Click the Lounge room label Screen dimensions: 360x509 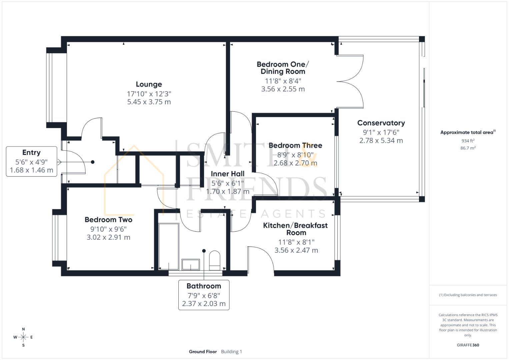coord(149,84)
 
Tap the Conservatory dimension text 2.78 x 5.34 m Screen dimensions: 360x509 coord(381,141)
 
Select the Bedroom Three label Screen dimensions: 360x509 coord(295,145)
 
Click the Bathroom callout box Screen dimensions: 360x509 coord(204,295)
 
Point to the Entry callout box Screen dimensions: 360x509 coord(31,161)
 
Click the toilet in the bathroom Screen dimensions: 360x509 coord(215,260)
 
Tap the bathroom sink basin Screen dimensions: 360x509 coord(191,264)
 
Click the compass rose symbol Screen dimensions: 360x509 coord(23,337)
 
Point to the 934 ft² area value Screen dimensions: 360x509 coord(468,141)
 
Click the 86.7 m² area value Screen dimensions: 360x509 coord(468,148)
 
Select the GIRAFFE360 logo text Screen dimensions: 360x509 coord(468,345)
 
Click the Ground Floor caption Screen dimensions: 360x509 coord(203,352)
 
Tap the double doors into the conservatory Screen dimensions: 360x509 coord(352,81)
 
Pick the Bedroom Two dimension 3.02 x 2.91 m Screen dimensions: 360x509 coord(108,237)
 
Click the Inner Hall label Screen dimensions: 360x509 coord(227,174)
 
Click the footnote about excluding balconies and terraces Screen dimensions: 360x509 coord(468,295)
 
